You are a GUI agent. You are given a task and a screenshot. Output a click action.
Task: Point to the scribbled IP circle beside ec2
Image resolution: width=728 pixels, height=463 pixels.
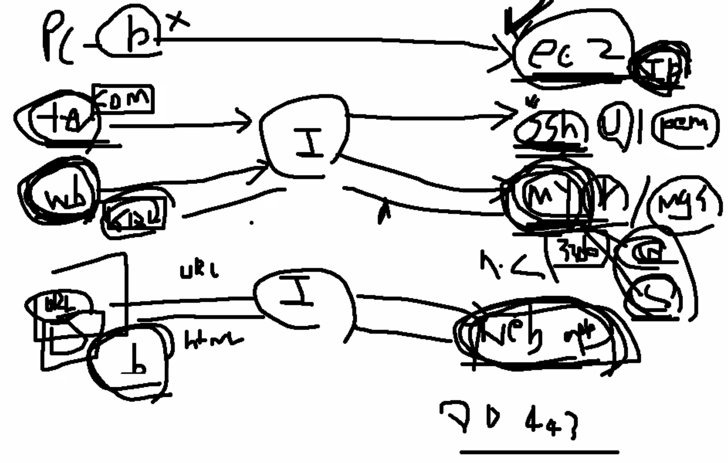coord(659,69)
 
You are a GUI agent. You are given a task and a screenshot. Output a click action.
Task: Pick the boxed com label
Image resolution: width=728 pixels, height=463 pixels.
coord(123,100)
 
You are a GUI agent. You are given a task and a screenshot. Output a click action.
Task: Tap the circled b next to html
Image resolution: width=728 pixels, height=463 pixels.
coord(129,362)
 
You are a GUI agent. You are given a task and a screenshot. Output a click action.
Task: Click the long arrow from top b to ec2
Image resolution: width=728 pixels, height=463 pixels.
coord(319,40)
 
